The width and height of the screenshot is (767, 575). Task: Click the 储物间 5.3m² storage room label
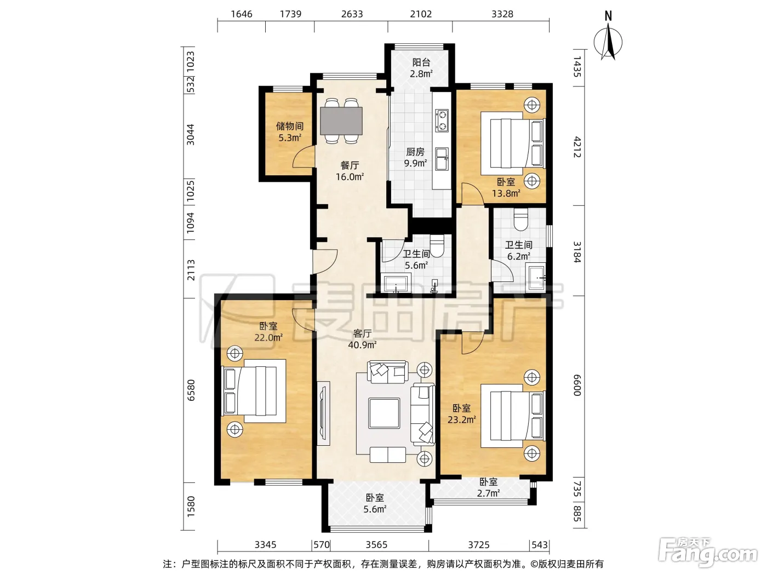(x=289, y=131)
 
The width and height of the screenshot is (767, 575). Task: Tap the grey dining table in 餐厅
(x=341, y=121)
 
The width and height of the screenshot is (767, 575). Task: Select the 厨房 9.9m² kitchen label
(x=415, y=158)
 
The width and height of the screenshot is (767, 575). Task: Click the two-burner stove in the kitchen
(x=442, y=121)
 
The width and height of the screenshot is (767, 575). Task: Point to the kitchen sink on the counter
(x=442, y=159)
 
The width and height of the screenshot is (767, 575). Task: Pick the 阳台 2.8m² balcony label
(x=421, y=68)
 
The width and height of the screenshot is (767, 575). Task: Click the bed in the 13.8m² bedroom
(x=513, y=143)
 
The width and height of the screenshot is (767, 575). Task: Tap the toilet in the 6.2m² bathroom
(x=521, y=220)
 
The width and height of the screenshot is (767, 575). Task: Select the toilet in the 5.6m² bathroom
(x=437, y=246)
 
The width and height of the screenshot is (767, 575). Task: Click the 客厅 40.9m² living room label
(x=362, y=339)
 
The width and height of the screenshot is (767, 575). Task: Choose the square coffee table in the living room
(x=384, y=413)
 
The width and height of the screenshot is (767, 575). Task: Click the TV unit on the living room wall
(x=324, y=413)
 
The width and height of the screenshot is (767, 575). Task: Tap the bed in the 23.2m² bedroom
(x=513, y=416)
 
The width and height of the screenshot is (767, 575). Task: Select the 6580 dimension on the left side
(x=191, y=390)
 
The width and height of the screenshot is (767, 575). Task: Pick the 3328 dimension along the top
(x=502, y=14)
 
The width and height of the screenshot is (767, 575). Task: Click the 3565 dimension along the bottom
(x=376, y=544)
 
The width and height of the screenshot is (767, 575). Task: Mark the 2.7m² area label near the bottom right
(x=488, y=493)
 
